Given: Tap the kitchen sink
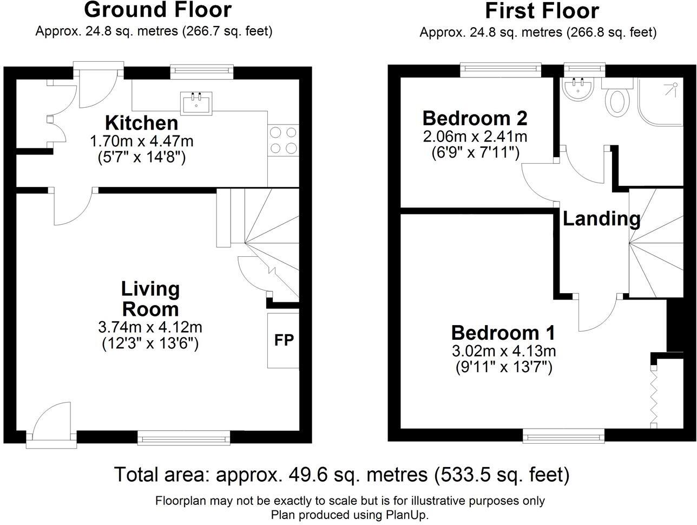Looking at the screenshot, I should pyautogui.click(x=196, y=102).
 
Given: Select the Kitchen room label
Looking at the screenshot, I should pyautogui.click(x=141, y=123).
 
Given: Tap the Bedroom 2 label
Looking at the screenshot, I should pyautogui.click(x=475, y=118).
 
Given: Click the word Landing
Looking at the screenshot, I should pyautogui.click(x=601, y=219).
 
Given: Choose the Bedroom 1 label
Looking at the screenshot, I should pyautogui.click(x=503, y=332).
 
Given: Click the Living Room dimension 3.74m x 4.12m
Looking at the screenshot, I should pyautogui.click(x=150, y=327).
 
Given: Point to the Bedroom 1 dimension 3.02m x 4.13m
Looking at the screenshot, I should pyautogui.click(x=503, y=351).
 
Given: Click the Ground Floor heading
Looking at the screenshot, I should pyautogui.click(x=158, y=10).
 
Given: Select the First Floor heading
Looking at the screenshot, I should pyautogui.click(x=542, y=11).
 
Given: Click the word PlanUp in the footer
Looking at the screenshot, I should pyautogui.click(x=406, y=514).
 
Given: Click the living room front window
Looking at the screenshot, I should pyautogui.click(x=183, y=437).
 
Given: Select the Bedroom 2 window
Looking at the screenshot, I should pyautogui.click(x=501, y=69).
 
